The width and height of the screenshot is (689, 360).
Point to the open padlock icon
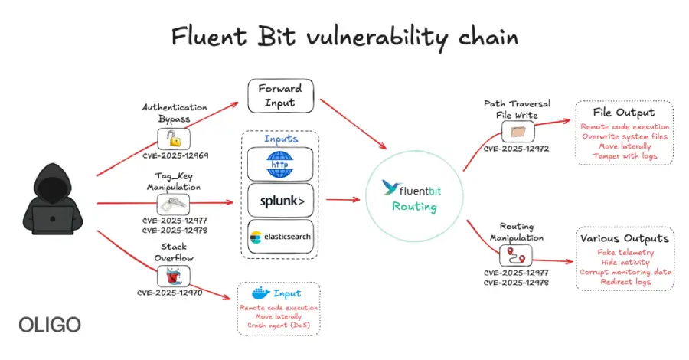pyautogui.click(x=175, y=139)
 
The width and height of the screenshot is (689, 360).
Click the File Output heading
pyautogui.click(x=625, y=112)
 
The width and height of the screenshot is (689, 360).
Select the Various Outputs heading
pyautogui.click(x=625, y=238)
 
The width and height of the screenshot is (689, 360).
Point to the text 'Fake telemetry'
pyautogui.click(x=625, y=251)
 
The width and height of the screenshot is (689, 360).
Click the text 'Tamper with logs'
pyautogui.click(x=625, y=156)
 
